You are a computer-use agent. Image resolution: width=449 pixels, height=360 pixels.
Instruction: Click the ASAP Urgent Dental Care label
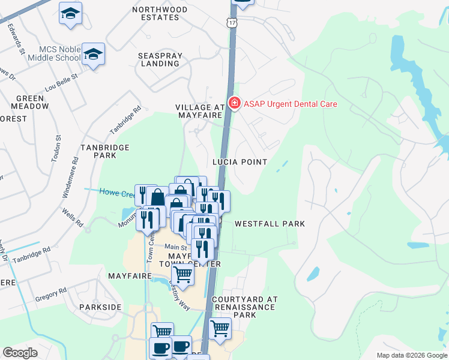290,104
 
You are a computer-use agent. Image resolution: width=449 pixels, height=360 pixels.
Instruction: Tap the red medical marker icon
234,104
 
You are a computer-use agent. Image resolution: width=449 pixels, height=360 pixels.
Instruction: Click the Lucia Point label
240,162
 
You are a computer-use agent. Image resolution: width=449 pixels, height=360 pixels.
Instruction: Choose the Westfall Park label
270,224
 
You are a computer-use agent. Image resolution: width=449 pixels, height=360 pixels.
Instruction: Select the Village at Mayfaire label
200,111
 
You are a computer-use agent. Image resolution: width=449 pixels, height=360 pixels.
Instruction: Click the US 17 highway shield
231,22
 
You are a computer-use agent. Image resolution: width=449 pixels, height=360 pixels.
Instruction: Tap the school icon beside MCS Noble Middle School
93,55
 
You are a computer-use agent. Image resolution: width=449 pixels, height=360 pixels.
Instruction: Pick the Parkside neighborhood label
100,307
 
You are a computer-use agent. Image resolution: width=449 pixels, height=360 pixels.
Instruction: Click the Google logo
20,353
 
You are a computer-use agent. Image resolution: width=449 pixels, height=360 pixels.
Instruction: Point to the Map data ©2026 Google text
411,355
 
